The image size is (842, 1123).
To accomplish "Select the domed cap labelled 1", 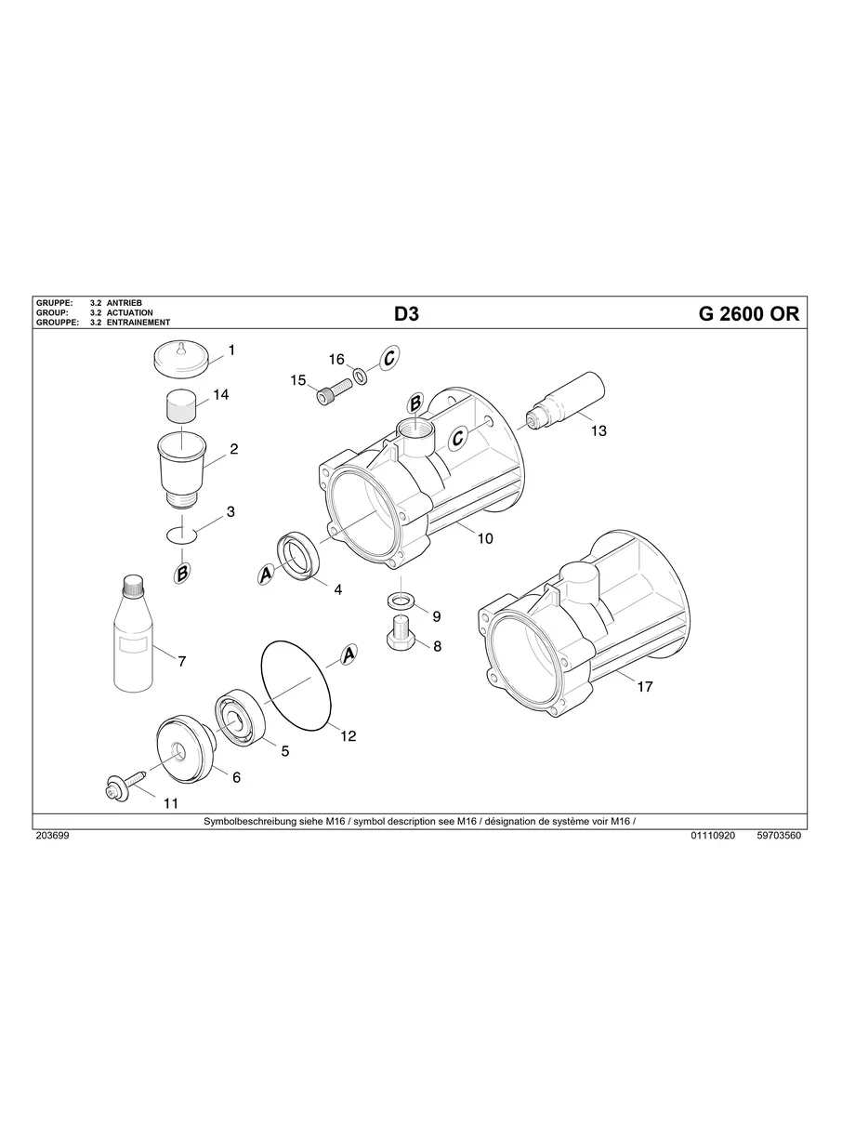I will coord(179,358).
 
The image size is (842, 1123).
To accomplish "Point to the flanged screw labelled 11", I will coord(121,787).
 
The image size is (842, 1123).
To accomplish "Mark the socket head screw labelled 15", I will coord(330,394).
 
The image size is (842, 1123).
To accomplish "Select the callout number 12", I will coord(348,735).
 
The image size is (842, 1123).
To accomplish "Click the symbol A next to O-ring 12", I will coord(349,655).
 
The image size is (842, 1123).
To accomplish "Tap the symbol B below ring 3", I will coord(183,575).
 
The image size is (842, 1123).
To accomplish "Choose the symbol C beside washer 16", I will coord(389,357).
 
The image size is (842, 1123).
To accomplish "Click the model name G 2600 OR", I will coord(747,314).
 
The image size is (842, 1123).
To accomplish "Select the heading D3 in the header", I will coord(407,314).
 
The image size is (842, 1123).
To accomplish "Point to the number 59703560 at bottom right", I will coord(779,836).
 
